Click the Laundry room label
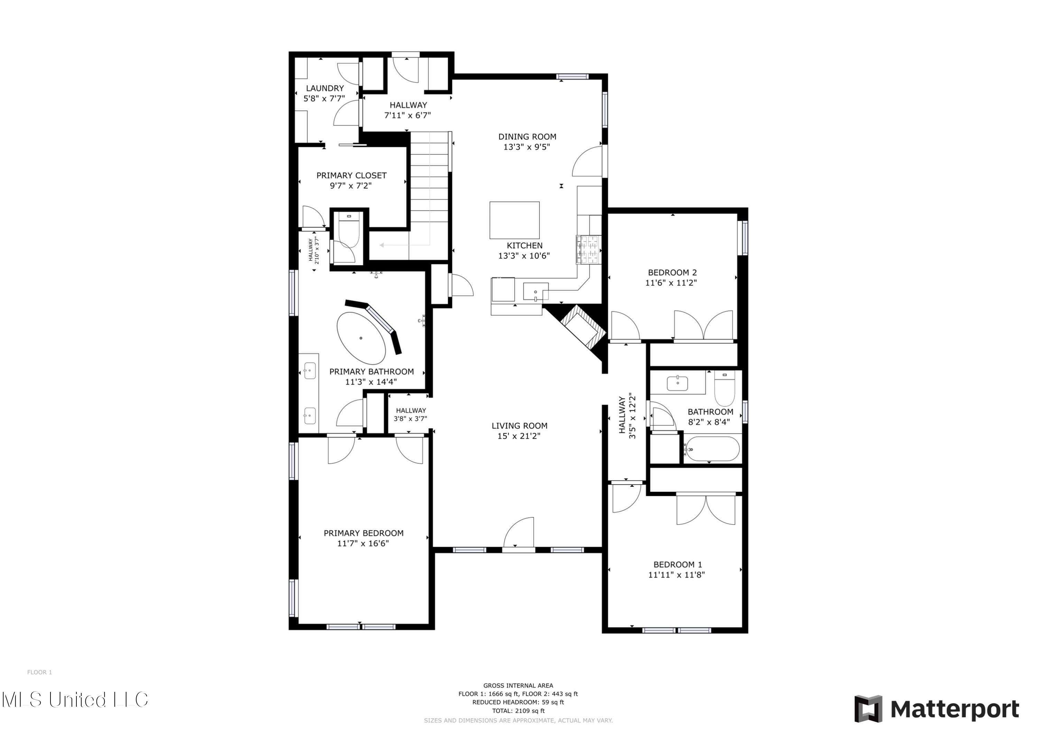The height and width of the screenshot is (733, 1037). (x=325, y=88)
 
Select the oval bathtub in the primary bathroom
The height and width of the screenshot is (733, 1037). (x=361, y=338)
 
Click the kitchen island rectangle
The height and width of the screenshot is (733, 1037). (x=515, y=220)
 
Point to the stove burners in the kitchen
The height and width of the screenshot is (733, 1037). (x=588, y=250)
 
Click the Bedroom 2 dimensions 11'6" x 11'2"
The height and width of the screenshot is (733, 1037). (x=671, y=283)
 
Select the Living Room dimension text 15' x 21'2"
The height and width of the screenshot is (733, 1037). (x=519, y=436)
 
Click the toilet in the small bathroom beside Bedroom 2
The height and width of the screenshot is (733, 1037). (x=724, y=388)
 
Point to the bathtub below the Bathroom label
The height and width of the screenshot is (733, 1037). (x=711, y=449)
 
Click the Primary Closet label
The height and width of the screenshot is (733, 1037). (x=351, y=176)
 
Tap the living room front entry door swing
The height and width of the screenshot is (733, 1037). (x=519, y=534)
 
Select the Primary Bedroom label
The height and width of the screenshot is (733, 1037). (x=363, y=533)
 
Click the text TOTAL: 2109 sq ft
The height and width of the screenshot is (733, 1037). (x=518, y=711)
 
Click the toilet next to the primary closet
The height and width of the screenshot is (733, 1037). (x=348, y=230)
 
